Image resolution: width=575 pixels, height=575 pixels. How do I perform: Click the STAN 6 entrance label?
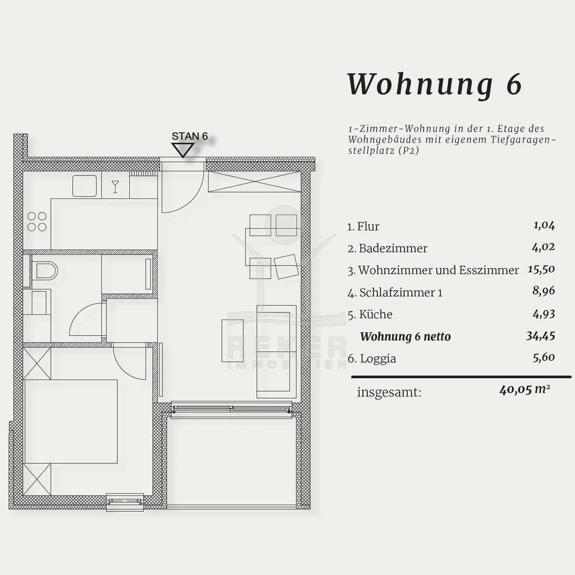(x=189, y=137)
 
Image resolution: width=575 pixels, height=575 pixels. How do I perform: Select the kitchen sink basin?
(x=84, y=185)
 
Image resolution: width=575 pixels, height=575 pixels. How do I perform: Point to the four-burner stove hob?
(x=37, y=222)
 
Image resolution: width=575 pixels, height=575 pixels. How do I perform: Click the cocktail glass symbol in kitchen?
(x=115, y=187)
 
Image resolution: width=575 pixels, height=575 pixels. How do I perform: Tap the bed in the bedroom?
(x=71, y=421)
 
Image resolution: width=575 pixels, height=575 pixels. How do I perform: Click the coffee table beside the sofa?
(x=232, y=341)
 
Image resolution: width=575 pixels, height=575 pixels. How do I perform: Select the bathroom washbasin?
(x=39, y=302)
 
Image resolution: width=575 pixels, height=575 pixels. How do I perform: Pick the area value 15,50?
(x=541, y=269)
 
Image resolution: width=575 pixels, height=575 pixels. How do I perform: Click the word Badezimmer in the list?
(x=393, y=248)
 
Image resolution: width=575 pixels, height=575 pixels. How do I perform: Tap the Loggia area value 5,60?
(x=544, y=357)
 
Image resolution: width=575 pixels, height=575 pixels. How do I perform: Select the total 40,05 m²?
(x=525, y=390)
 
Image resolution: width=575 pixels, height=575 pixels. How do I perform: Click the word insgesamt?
(x=389, y=392)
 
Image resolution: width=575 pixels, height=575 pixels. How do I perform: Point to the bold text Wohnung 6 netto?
(x=405, y=336)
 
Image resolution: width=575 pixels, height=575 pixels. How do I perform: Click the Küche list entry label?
(x=376, y=314)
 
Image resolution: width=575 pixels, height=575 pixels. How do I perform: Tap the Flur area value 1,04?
(x=544, y=225)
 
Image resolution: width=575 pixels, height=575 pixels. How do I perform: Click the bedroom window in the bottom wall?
(x=125, y=502)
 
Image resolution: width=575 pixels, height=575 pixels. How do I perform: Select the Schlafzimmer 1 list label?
(x=401, y=293)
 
